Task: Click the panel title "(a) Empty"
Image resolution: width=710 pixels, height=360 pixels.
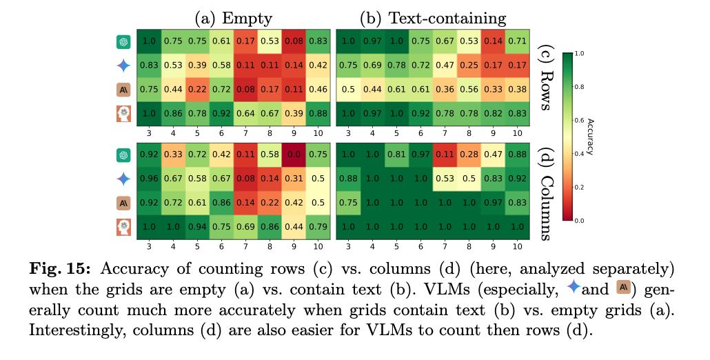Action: tap(235, 18)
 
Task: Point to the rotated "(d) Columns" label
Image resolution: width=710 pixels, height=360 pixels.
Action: tap(545, 190)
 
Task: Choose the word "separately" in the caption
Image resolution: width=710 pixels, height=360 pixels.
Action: tap(641, 268)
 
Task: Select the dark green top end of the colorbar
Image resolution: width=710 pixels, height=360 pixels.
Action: tap(569, 55)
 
